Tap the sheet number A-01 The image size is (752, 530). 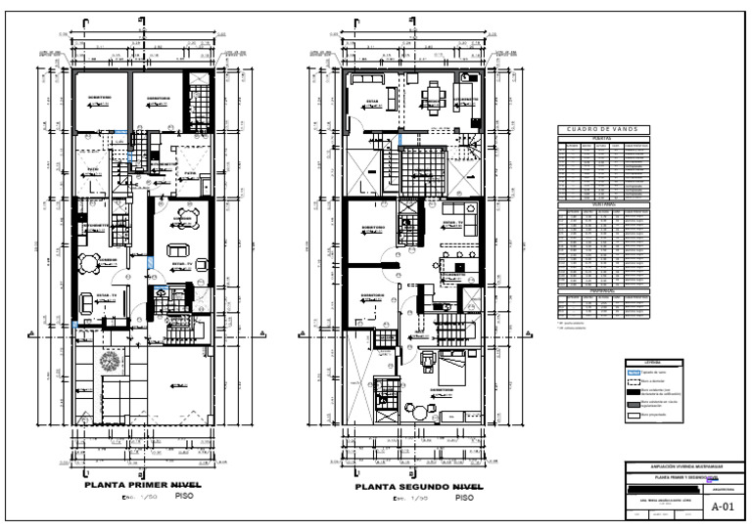click(722, 507)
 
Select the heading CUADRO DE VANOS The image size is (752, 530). click(603, 129)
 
